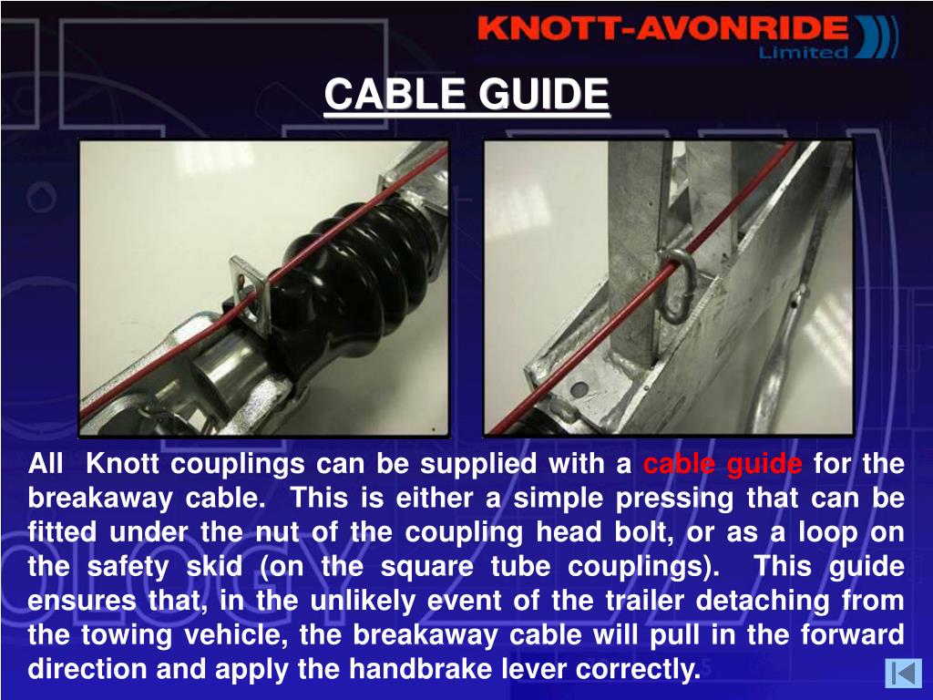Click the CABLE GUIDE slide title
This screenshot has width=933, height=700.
coord(466,95)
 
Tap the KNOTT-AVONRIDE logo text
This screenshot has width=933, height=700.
coord(662,28)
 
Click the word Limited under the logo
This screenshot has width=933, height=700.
coord(804,52)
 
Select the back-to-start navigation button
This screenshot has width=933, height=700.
coord(903,674)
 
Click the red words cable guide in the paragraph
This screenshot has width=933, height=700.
coord(723,464)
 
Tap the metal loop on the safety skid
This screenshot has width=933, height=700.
coord(677,284)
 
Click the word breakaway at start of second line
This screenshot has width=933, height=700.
coord(100,499)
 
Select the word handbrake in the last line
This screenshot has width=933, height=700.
coord(420,669)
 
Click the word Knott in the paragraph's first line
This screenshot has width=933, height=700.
coord(122,464)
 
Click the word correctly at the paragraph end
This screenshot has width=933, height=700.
coord(638,670)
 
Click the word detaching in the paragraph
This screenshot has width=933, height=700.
coord(763,602)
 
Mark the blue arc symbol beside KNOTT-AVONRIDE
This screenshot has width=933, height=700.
coord(877,36)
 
